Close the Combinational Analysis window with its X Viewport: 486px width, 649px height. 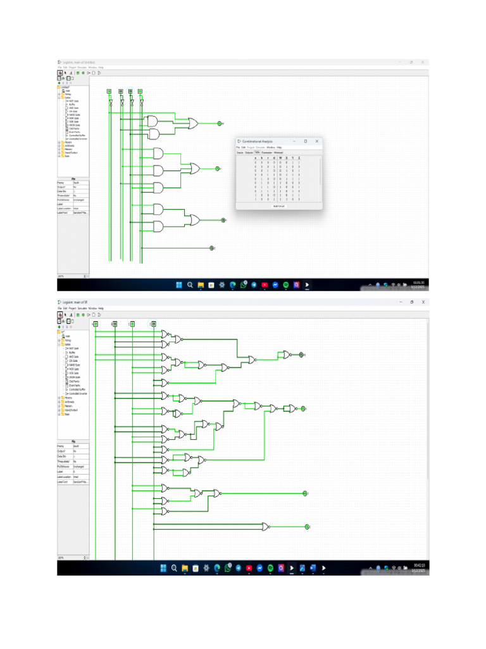point(316,141)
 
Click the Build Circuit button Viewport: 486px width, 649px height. point(278,206)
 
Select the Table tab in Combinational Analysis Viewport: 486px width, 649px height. point(257,153)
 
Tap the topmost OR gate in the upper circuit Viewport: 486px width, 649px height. point(192,123)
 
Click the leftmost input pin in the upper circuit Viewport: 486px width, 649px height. point(109,91)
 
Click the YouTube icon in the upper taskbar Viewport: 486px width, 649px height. point(265,285)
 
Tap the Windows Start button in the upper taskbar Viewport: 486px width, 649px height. point(178,285)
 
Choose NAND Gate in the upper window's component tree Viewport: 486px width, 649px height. point(73,115)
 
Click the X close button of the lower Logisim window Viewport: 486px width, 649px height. point(423,302)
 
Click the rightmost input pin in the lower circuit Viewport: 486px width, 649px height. point(153,324)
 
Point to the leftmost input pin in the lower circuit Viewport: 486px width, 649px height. point(96,324)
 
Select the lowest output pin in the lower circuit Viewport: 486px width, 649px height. point(307,527)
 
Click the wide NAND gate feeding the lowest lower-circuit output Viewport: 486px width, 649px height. point(266,527)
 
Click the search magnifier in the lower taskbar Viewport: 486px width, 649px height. point(173,568)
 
